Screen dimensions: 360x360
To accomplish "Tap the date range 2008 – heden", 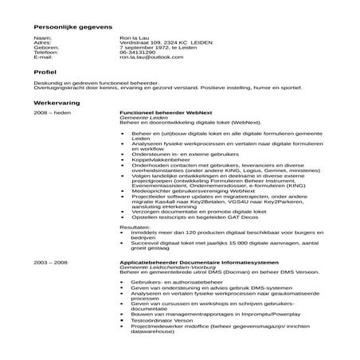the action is [53, 114].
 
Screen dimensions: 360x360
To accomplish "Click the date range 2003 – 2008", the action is [50, 261].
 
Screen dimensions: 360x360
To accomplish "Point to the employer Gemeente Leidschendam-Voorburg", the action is [165, 266].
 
